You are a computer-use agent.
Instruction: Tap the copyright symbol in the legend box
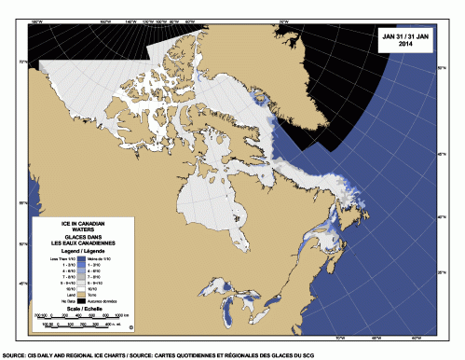(x=130, y=327)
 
